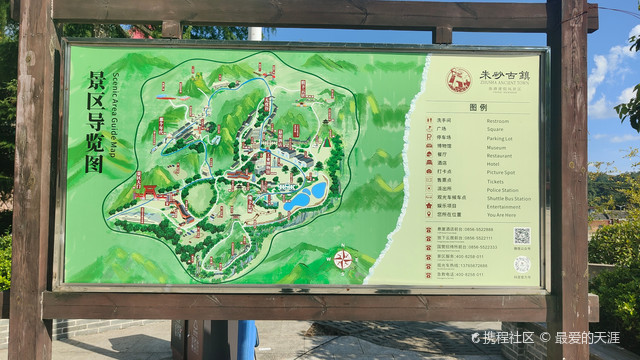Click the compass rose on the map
pos(342,260)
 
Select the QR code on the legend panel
pos(521,236)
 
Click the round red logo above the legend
pos(459,79)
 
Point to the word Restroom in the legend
pos(497,121)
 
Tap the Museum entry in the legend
pos(496,147)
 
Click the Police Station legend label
pos(502,189)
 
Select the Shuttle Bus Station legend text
pos(507,198)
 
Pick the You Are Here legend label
pos(501,214)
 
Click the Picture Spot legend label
pos(501,172)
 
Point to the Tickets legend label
pos(495,181)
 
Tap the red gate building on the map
pos(147,191)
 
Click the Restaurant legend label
pos(499,155)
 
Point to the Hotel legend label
pos(493,163)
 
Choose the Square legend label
pos(495,130)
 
